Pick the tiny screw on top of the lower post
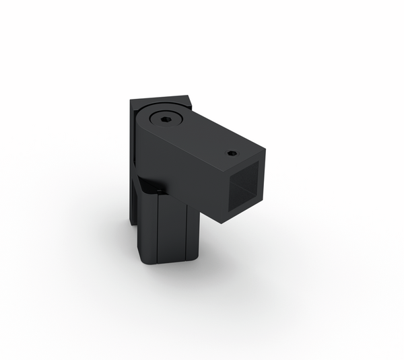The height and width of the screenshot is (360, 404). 158,191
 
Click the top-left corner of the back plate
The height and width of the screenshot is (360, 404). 131,101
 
